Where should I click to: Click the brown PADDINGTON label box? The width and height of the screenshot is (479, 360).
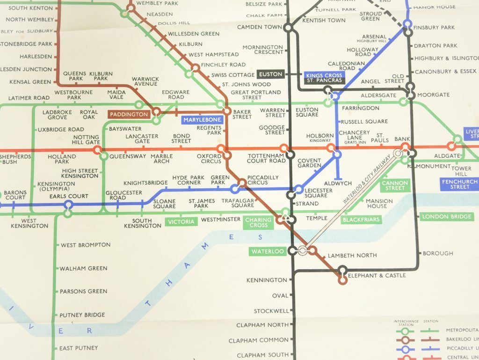pos(129,114)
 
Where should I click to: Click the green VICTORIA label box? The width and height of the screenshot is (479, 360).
pos(180,222)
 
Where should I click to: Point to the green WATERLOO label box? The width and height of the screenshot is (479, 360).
pos(268,251)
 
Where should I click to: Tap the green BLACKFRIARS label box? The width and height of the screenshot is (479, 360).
pos(361,220)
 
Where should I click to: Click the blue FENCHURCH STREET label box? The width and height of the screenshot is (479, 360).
pos(459,184)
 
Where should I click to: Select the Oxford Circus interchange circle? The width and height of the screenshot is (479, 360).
pos(227,155)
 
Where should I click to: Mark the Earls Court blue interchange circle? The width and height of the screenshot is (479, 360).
pos(68,205)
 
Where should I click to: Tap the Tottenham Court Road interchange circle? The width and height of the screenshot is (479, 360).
pos(290,155)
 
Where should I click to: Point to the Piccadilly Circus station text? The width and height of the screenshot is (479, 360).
pos(263,180)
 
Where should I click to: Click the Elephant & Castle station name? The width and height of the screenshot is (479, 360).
pos(377,276)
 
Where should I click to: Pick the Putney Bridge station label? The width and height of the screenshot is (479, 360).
pos(82,315)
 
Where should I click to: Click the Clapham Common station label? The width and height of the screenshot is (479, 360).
pos(262,340)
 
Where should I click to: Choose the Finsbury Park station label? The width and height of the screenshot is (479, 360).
pos(434,28)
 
